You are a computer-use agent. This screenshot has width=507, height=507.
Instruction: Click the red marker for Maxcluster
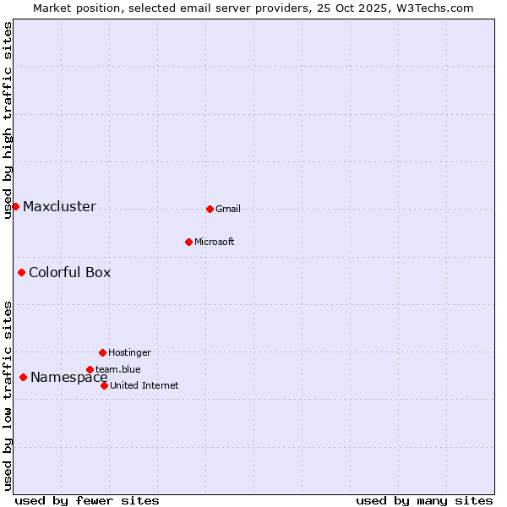pyautogui.click(x=15, y=206)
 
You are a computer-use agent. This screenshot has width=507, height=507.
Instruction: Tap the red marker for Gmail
pyautogui.click(x=210, y=209)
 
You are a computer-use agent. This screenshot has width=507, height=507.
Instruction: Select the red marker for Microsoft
pyautogui.click(x=188, y=242)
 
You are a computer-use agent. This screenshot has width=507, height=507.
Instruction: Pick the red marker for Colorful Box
pyautogui.click(x=21, y=272)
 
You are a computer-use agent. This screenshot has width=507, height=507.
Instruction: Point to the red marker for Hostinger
pyautogui.click(x=102, y=352)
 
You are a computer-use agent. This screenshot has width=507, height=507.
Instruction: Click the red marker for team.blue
pyautogui.click(x=90, y=369)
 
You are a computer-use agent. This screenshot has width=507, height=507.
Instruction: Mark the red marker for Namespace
pyautogui.click(x=23, y=377)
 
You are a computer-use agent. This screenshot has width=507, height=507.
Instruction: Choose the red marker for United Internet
pyautogui.click(x=104, y=385)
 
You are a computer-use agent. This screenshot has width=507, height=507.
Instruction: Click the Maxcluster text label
pyautogui.click(x=59, y=207)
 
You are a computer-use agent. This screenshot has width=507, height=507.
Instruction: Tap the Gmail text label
pyautogui.click(x=228, y=210)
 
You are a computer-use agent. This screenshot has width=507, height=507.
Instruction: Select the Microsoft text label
pyautogui.click(x=215, y=243)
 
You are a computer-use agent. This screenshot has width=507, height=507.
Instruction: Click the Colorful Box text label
pyautogui.click(x=69, y=273)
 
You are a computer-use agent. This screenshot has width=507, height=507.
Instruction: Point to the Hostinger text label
pyautogui.click(x=129, y=353)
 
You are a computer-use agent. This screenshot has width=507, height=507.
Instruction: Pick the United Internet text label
pyautogui.click(x=144, y=386)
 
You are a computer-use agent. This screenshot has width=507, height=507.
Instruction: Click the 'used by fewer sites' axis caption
pyautogui.click(x=87, y=500)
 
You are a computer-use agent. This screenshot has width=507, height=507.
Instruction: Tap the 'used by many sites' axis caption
pyautogui.click(x=424, y=500)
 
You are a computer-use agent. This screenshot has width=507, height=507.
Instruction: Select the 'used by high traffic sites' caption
pyautogui.click(x=8, y=120)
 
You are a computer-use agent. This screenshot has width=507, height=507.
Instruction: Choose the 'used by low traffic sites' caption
pyautogui.click(x=8, y=395)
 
